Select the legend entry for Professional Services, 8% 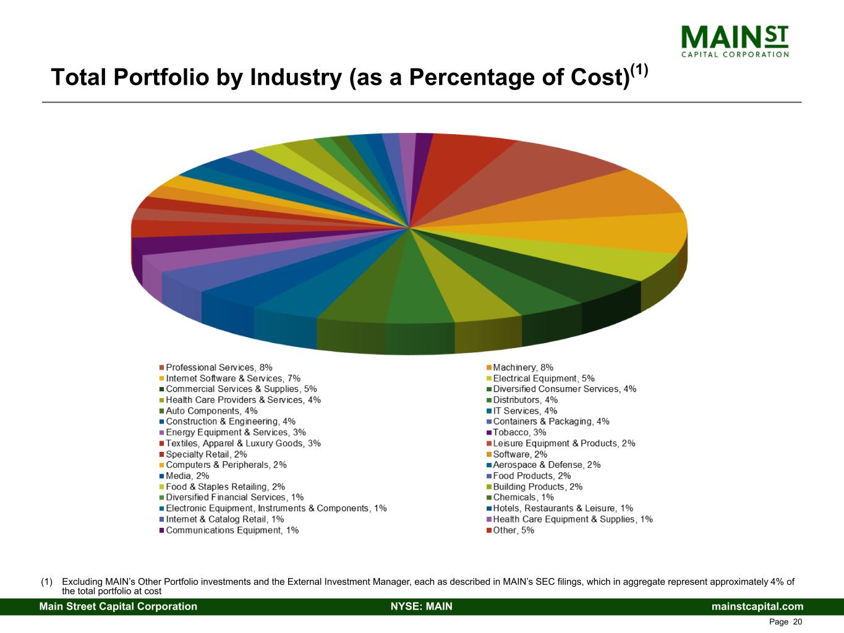[219, 368]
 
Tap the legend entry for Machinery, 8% [522, 368]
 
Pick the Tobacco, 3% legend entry [519, 433]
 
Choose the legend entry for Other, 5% [513, 530]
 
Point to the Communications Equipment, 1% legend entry [232, 530]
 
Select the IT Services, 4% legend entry [525, 411]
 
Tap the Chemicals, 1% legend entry [523, 498]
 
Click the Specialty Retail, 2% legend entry [206, 454]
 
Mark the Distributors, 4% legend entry [525, 400]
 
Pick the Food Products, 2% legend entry [532, 476]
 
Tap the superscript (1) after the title [639, 70]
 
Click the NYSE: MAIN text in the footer [422, 606]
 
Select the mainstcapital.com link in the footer [757, 606]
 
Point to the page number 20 [797, 622]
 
